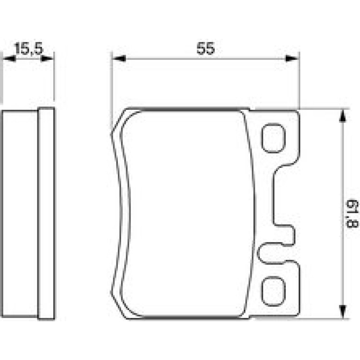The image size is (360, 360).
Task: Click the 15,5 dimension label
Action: point(29,49)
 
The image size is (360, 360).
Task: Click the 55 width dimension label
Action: point(206,48)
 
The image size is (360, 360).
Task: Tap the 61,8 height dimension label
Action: point(352,214)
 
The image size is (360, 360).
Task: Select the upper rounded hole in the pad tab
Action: point(273,138)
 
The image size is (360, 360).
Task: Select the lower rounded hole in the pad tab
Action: point(273,291)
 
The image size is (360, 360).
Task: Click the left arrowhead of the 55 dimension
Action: point(119,58)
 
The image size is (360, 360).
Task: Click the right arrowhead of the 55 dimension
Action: point(292,58)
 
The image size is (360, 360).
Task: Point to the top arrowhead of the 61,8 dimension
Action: point(343,116)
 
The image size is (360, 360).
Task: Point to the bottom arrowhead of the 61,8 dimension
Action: point(343,311)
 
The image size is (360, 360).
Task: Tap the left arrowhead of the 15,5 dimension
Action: point(9,58)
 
